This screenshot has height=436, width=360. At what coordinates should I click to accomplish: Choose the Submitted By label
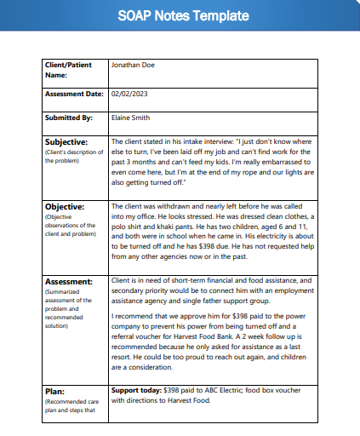[66, 118]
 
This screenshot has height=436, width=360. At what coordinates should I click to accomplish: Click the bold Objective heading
[66, 206]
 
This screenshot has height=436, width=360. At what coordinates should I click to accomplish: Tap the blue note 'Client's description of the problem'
[72, 156]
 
